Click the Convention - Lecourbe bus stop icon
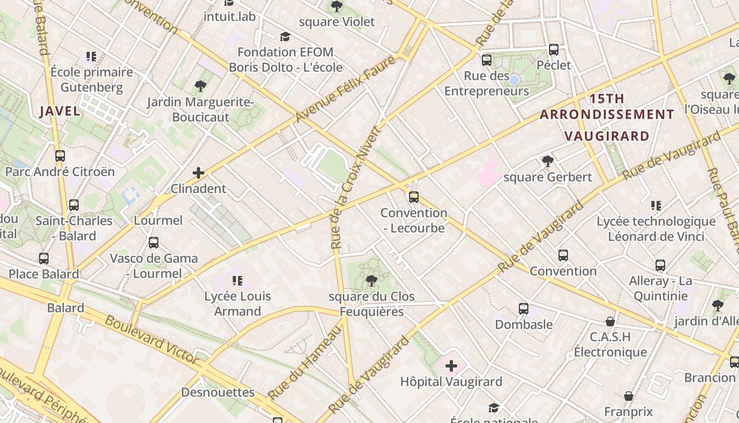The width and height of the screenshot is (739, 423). point(414,197)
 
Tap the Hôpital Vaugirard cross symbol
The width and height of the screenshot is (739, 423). point(451,365)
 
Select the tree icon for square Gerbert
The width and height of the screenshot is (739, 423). point(547,161)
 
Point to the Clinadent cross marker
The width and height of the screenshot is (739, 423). point(198,173)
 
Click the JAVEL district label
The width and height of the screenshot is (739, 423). point(60,111)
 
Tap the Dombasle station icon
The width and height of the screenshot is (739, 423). point(524,308)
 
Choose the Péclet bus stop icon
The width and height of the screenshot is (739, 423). point(554,50)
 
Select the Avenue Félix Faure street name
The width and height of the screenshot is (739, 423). point(346,88)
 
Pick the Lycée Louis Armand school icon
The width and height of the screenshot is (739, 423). point(238,280)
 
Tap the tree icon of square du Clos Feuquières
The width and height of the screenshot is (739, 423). point(372,281)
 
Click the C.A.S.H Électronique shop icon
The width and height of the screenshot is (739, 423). point(610,321)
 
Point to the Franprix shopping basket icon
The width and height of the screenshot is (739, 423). point(629,396)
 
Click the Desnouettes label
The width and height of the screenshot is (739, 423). point(217,392)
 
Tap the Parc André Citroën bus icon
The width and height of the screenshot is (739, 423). point(60,156)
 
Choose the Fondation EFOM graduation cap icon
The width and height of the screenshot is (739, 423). point(286,36)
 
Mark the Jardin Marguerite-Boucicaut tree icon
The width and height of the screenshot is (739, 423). point(200,86)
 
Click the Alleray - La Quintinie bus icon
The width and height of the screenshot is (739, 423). point(660,265)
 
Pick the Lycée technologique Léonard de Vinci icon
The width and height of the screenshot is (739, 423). point(656,205)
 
